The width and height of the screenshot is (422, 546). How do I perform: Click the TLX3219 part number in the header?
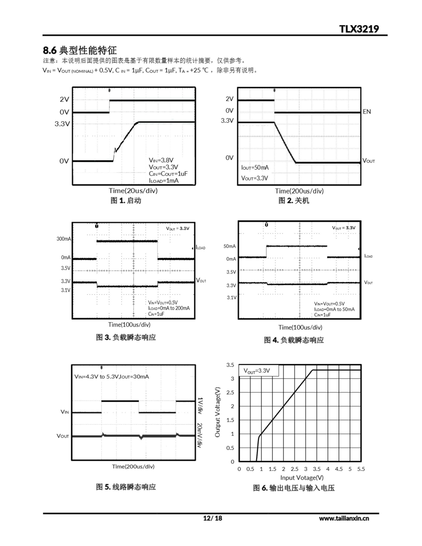(359, 29)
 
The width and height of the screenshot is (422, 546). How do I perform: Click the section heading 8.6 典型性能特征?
(80, 50)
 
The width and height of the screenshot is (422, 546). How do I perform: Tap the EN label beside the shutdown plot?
(367, 112)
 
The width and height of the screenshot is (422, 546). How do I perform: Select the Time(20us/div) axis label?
(133, 191)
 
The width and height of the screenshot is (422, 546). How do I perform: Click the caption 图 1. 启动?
(126, 200)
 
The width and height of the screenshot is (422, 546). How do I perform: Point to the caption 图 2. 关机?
(294, 200)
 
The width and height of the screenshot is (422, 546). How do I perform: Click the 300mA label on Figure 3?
(64, 239)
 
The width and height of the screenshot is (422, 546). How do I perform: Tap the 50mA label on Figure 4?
(230, 246)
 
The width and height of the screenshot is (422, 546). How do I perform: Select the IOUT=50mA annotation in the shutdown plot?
(255, 167)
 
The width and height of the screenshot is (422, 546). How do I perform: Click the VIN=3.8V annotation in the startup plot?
(161, 160)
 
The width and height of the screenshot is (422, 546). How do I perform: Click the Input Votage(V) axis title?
(302, 478)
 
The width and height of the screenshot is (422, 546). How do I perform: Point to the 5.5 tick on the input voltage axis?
(361, 469)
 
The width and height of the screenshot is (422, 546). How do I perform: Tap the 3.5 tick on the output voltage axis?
(230, 365)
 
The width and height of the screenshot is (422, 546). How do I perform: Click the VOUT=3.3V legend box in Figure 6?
(258, 370)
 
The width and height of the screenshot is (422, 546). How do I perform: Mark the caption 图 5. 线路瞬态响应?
(126, 487)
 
